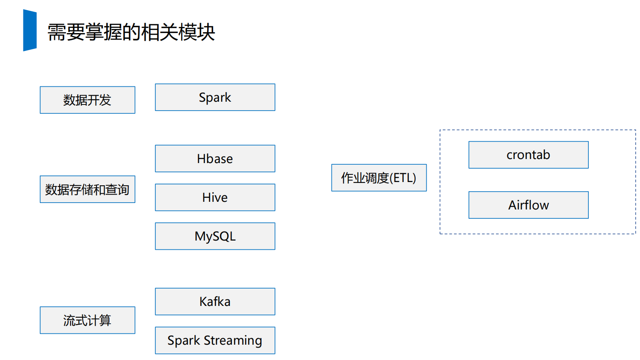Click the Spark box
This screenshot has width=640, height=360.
[215, 97]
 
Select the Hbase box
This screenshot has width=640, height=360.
[215, 159]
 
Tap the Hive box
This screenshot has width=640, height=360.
[215, 197]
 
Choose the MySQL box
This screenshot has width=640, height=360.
[215, 236]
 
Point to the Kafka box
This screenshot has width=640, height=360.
[215, 301]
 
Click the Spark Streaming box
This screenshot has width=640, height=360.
[215, 340]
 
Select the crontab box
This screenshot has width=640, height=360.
[528, 155]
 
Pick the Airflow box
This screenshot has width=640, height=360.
[528, 205]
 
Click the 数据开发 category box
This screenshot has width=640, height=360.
[88, 100]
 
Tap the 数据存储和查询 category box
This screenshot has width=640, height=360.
[88, 189]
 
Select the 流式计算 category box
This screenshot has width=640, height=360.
[88, 320]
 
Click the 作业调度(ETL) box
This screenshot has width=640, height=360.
[379, 178]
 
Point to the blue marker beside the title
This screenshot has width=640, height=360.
[30, 30]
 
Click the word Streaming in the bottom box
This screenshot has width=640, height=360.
[233, 341]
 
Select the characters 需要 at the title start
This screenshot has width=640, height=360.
[66, 32]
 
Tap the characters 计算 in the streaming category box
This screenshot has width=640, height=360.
[99, 320]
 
